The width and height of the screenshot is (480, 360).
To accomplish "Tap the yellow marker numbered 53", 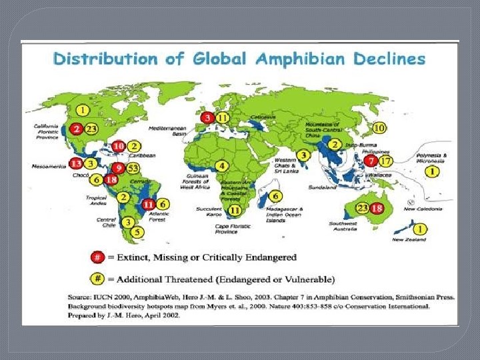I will click(133, 167).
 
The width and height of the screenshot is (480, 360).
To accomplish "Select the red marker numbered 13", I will click(77, 163).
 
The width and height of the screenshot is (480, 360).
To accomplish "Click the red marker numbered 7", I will click(371, 161).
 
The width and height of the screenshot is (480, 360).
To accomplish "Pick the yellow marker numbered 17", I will click(386, 161).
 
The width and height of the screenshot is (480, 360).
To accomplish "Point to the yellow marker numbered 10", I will click(379, 127).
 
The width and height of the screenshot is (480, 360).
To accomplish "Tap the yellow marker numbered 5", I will click(137, 232).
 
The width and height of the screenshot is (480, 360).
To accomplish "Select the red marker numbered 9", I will click(119, 167).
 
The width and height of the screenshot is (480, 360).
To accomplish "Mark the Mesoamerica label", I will click(47, 166).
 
